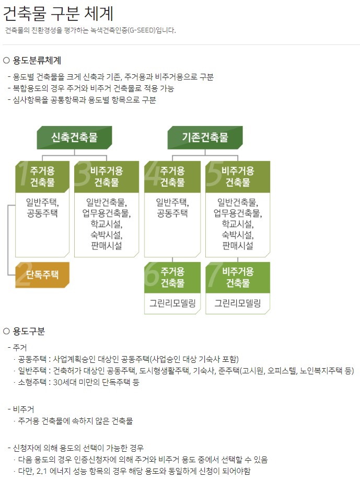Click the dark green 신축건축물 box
(x=74, y=138)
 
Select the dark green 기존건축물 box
(x=205, y=138)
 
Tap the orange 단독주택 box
(x=43, y=275)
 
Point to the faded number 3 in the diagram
(x=83, y=175)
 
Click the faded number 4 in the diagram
(x=152, y=175)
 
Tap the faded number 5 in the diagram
(x=214, y=175)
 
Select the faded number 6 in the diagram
(x=152, y=277)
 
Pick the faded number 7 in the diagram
(x=214, y=277)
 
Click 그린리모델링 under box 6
(x=172, y=303)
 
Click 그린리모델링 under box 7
(x=238, y=303)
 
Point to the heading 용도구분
(x=29, y=331)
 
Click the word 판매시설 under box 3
(x=106, y=245)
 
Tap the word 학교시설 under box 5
(x=238, y=224)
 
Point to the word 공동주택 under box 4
(x=172, y=213)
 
